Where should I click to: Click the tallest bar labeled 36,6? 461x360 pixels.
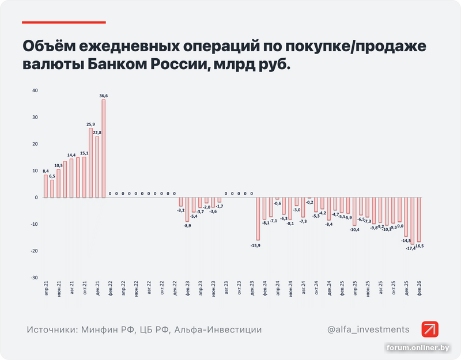(104, 148)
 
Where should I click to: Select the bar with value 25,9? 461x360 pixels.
(91, 162)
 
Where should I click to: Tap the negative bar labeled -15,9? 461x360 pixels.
(258, 218)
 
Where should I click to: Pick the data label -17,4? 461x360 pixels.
(411, 248)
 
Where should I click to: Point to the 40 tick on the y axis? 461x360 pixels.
(35, 90)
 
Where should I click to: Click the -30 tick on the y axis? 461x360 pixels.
(34, 278)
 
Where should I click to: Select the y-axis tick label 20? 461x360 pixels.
(35, 144)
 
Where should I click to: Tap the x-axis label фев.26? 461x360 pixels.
(419, 288)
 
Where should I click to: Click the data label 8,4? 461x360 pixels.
(46, 171)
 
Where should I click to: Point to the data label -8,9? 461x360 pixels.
(187, 225)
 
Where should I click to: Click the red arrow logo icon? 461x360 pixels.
(430, 329)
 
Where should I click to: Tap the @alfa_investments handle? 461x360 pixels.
(368, 329)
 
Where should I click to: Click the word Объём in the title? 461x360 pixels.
(51, 46)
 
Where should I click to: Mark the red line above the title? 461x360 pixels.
(64, 22)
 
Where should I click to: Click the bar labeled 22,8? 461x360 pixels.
(97, 166)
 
